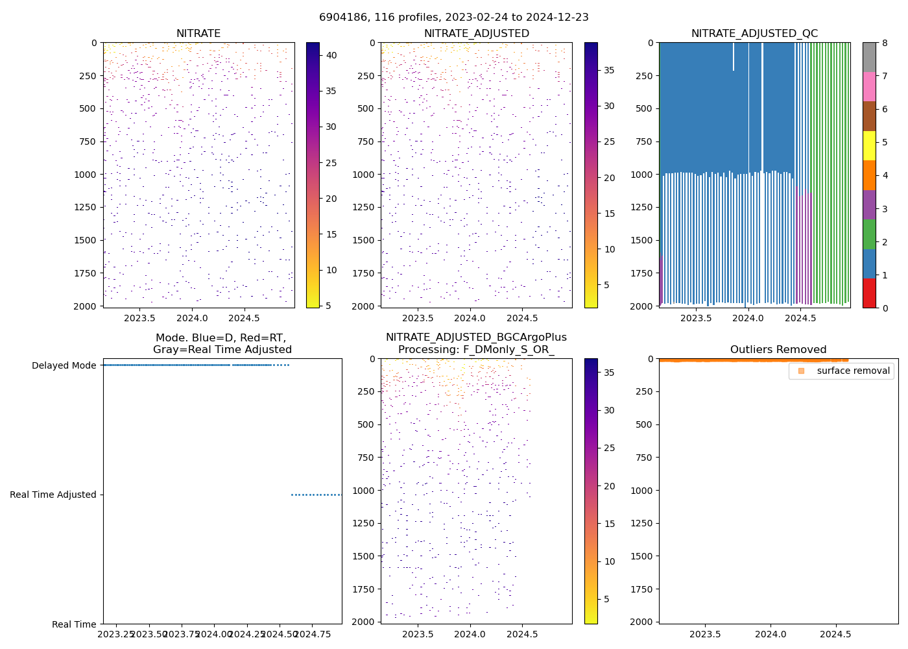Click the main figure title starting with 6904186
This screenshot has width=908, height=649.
tap(453, 18)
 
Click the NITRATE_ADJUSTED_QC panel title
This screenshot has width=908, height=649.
tap(754, 34)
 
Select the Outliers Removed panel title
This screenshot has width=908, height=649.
tap(778, 350)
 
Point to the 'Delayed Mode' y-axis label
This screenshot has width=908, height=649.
tap(64, 365)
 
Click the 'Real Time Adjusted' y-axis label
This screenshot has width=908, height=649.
tap(53, 495)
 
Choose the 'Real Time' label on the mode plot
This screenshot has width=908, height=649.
tap(74, 624)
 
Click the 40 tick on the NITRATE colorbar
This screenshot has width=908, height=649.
tap(331, 55)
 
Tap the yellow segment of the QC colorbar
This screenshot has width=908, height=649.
tap(869, 145)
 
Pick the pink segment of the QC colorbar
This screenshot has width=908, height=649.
tap(869, 86)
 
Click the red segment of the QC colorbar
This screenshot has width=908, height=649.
tap(869, 293)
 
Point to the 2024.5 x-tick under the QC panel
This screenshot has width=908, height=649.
tap(800, 318)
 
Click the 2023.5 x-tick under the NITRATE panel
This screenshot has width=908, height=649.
tap(139, 318)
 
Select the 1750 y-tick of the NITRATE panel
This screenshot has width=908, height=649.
tap(86, 273)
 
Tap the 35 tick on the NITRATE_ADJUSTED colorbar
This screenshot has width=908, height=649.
tap(609, 70)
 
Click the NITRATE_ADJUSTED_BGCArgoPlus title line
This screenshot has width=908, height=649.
tap(476, 337)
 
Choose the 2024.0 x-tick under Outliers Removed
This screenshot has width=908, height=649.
tap(771, 634)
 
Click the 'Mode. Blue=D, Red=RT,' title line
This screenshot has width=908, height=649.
tap(221, 337)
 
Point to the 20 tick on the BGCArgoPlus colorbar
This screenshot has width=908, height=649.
tap(609, 486)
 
